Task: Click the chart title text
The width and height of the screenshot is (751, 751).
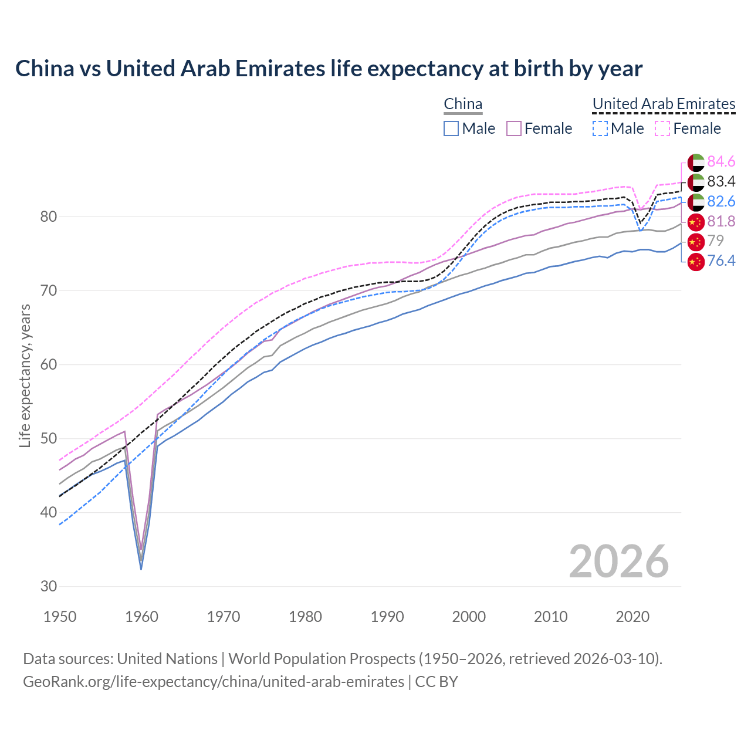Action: coord(329,69)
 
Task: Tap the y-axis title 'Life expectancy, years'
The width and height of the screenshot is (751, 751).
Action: coord(25,375)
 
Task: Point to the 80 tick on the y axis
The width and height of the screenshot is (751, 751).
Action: coord(48,216)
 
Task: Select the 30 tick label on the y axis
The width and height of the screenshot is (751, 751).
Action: coord(48,586)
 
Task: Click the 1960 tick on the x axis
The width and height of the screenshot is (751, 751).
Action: coord(142,617)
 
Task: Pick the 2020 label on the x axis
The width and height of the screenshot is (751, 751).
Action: coord(632,617)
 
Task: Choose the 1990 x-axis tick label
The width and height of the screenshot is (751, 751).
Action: coord(387,617)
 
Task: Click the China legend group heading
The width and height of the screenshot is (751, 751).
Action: coord(463,104)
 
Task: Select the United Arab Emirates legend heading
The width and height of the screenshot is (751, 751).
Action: coord(664,104)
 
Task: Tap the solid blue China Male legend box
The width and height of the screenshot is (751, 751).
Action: coord(451,128)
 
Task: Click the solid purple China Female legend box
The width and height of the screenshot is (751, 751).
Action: coord(514,128)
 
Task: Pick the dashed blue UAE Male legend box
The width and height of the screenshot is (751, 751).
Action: coord(600,128)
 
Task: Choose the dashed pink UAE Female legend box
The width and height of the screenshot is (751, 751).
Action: coord(662,128)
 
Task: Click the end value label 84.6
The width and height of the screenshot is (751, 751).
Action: coord(721,161)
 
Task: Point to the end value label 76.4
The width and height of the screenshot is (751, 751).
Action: coord(721,261)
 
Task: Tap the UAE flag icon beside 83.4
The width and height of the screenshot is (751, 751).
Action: coord(696,182)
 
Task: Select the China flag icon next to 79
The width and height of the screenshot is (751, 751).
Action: coord(696,241)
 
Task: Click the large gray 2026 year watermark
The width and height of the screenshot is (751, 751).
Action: coord(618,561)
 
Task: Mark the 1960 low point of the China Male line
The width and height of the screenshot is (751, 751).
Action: coord(141,569)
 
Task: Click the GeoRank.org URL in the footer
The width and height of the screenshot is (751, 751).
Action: coord(214,682)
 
